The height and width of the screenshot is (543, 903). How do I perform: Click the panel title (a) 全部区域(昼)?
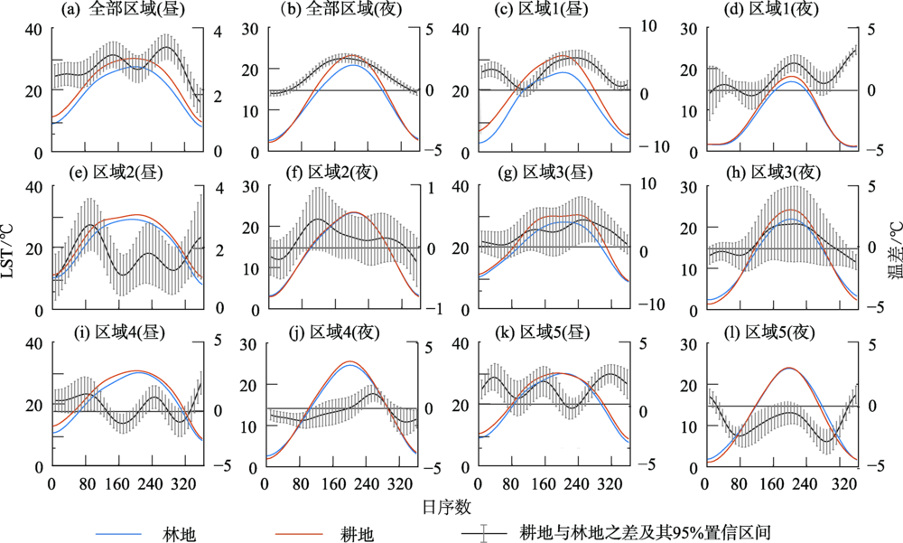click(113, 12)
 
